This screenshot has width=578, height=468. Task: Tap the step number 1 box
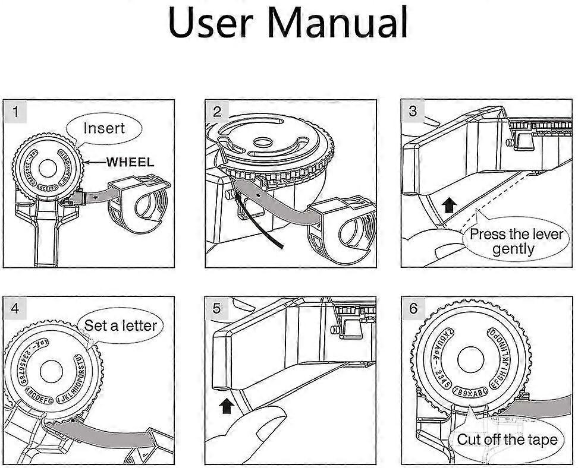coord(16,111)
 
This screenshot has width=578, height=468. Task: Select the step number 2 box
coord(217,111)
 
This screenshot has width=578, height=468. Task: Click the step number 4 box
coord(16,308)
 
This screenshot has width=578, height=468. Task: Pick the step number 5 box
coord(217,308)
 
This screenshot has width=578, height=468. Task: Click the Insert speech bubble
coord(104,128)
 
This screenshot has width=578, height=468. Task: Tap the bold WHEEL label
coord(130,162)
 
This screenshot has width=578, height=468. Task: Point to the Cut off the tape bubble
coord(507,439)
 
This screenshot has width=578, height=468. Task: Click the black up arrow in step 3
coord(450,206)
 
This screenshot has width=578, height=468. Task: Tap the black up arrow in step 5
coord(227,406)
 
